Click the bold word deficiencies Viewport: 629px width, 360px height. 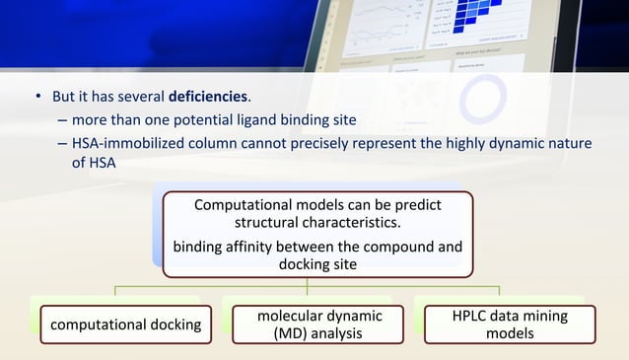(x=208, y=98)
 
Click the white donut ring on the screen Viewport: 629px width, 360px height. (x=482, y=99)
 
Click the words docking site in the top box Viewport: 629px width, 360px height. (x=316, y=264)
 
